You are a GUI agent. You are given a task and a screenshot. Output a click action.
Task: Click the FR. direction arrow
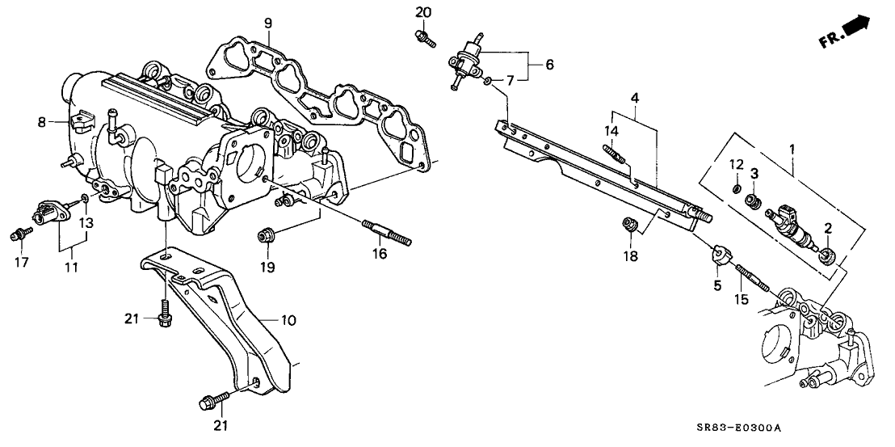coord(854,30)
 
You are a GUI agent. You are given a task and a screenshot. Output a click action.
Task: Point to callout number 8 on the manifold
coord(42,123)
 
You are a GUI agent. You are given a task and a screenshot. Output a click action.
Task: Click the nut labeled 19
coord(264,236)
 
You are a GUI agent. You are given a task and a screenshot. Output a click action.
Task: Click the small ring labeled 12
coord(735,189)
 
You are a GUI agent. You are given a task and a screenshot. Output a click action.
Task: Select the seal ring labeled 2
coord(826,256)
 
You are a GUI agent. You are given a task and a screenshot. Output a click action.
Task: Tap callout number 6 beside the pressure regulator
coord(549,64)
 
